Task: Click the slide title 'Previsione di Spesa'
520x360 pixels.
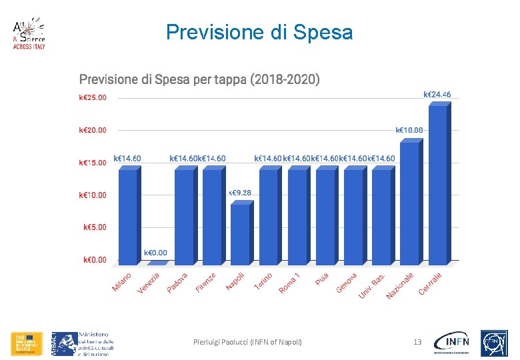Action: tap(259, 32)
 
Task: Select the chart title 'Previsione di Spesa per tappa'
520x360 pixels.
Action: tap(199, 80)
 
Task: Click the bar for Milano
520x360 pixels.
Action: tap(127, 215)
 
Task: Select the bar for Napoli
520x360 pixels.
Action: tap(239, 233)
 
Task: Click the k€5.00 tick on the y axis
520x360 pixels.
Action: tap(95, 227)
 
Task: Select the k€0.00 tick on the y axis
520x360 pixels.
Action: tap(95, 260)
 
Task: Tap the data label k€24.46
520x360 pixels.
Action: tap(437, 95)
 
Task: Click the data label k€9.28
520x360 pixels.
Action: tap(240, 193)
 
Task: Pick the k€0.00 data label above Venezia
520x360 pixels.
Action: tap(155, 253)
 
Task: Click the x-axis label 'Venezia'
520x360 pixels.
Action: tap(149, 283)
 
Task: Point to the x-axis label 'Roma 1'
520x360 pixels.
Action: tap(289, 283)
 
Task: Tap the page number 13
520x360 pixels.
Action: tap(417, 342)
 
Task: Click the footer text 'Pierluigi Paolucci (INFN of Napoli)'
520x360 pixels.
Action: tap(247, 342)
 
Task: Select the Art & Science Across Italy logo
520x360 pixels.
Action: tap(29, 35)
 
